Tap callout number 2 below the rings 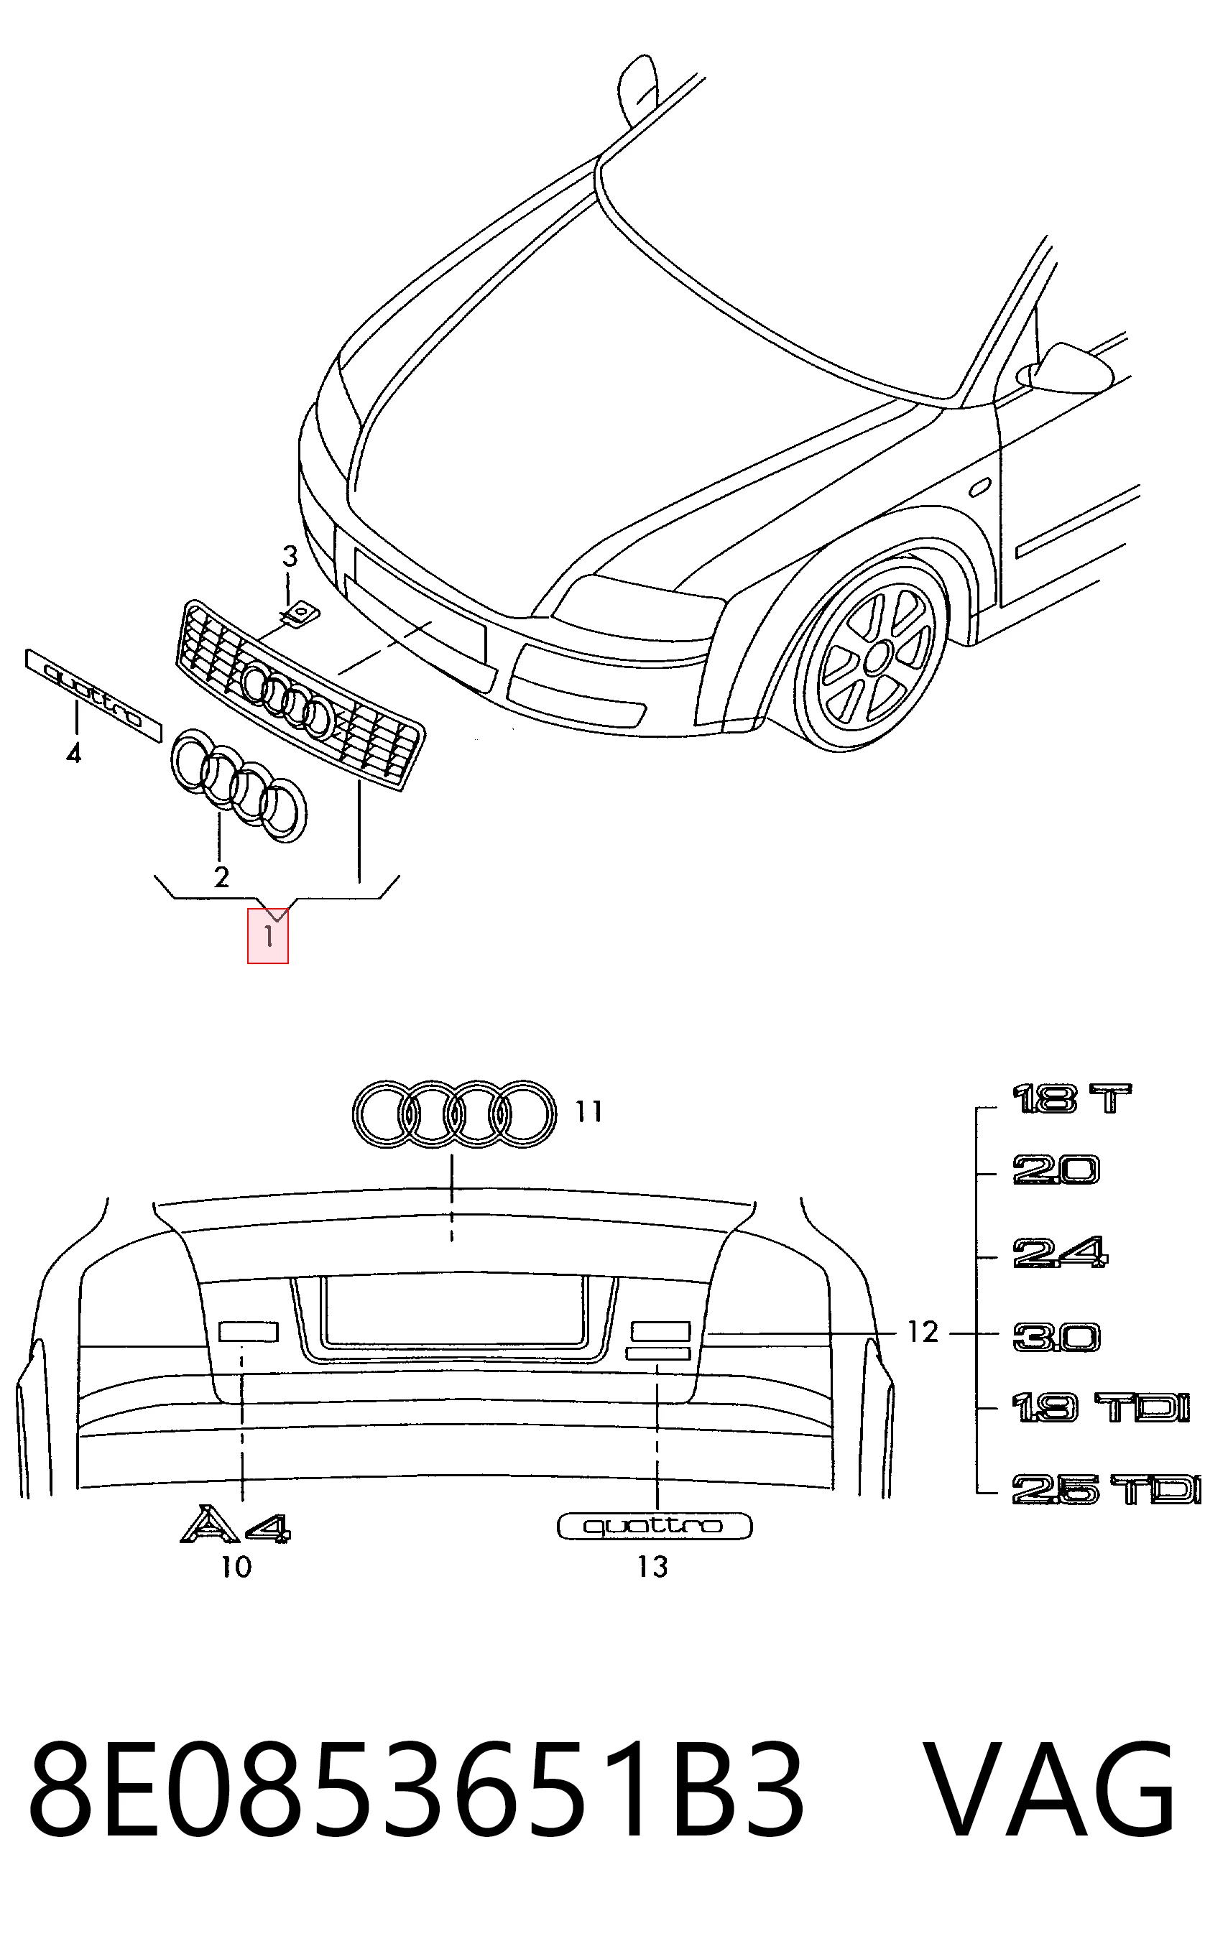221,876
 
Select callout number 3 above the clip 290,556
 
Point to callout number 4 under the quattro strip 73,752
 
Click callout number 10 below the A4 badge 236,1568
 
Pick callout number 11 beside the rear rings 589,1111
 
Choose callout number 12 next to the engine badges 923,1331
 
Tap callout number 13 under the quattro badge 652,1568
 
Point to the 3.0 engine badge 1057,1338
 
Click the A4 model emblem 236,1524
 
